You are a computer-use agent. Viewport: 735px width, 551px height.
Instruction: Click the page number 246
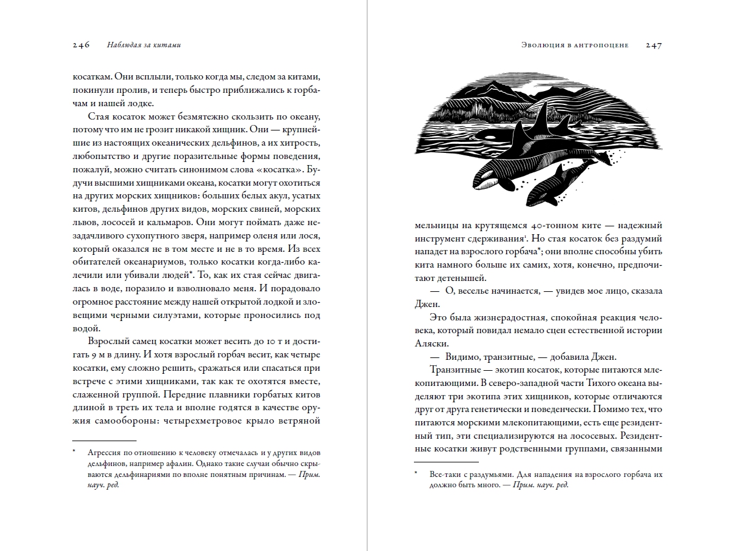(81, 45)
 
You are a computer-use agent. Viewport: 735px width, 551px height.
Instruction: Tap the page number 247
(654, 45)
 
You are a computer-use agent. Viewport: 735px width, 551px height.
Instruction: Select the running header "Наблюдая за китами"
(143, 45)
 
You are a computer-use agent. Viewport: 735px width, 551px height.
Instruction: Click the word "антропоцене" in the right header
(601, 45)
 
